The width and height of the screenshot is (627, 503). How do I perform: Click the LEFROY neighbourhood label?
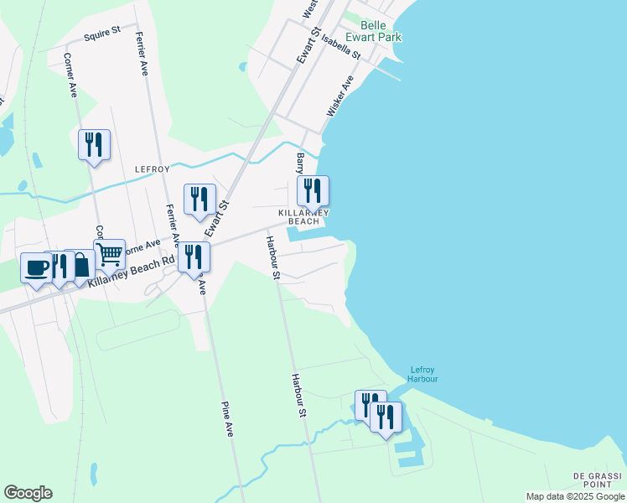(x=153, y=169)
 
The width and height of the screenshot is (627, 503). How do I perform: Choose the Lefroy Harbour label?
(x=423, y=374)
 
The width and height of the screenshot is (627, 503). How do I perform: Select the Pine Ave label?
(x=227, y=418)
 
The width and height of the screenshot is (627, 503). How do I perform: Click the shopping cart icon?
(x=109, y=253)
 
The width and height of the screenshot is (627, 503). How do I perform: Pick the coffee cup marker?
(x=36, y=267)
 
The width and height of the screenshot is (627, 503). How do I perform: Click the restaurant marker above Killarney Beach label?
(x=313, y=190)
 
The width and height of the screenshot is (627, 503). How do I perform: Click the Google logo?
(x=28, y=493)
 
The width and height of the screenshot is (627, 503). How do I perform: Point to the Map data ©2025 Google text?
(x=575, y=496)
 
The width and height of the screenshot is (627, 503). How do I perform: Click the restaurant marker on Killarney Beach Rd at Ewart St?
(x=194, y=257)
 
